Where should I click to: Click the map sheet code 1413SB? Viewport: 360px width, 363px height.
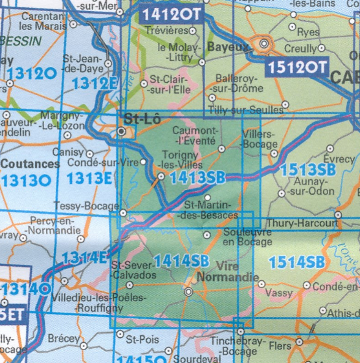197,178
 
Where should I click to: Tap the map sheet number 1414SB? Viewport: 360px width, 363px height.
182,260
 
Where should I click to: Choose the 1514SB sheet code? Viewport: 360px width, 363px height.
296,263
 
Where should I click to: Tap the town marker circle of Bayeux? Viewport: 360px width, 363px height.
264,44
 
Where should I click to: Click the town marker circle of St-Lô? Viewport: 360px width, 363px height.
122,131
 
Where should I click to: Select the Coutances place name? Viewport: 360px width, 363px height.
30,164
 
